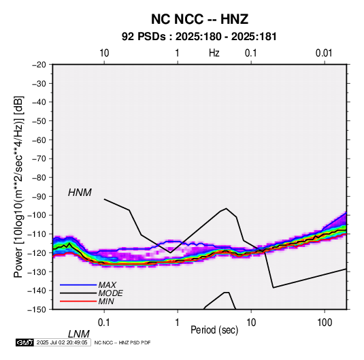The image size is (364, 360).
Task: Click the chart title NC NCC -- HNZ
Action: tap(199, 19)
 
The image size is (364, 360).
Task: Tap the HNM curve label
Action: tap(80, 193)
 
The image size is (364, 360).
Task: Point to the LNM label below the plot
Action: tap(79, 334)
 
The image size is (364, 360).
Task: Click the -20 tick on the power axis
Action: tap(39, 65)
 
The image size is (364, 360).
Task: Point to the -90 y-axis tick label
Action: tap(39, 197)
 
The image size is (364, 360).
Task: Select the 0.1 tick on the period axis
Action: tap(103, 323)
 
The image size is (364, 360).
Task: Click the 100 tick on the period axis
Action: tap(324, 323)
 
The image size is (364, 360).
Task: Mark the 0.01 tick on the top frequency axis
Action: tap(324, 53)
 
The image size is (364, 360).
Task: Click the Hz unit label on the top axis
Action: tap(214, 53)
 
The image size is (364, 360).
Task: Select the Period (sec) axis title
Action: tap(214, 330)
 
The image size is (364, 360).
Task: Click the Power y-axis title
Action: tap(18, 186)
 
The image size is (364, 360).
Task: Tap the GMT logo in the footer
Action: tap(24, 342)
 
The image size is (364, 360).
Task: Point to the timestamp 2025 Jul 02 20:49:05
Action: tap(62, 342)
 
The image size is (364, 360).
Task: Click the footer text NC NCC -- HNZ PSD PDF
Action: tap(122, 342)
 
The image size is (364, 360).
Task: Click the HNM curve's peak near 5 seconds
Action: tap(227, 208)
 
